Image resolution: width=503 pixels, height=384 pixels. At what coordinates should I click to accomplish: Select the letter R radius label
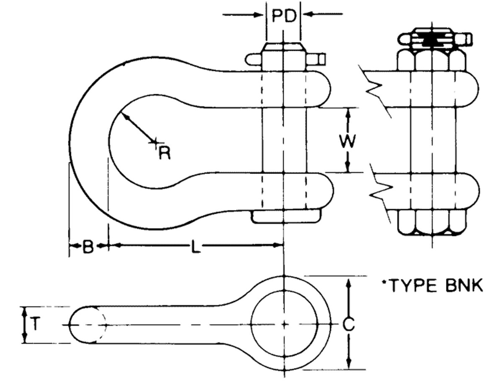coord(165,153)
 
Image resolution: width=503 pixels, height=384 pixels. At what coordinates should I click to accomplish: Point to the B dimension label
coord(88,247)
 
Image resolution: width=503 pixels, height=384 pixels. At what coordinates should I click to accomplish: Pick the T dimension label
coord(36,325)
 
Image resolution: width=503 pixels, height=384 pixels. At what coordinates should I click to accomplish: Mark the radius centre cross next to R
coord(154,142)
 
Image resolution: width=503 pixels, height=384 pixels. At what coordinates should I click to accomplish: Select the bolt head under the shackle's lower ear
coord(286,216)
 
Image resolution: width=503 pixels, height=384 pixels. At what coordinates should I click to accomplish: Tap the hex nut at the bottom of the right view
coord(431,222)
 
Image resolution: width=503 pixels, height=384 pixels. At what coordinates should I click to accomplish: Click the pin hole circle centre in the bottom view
coord(284,324)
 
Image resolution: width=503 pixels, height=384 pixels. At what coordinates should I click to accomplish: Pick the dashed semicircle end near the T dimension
coord(101,325)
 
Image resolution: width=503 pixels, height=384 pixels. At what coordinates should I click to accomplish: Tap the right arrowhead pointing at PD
coord(308,15)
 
